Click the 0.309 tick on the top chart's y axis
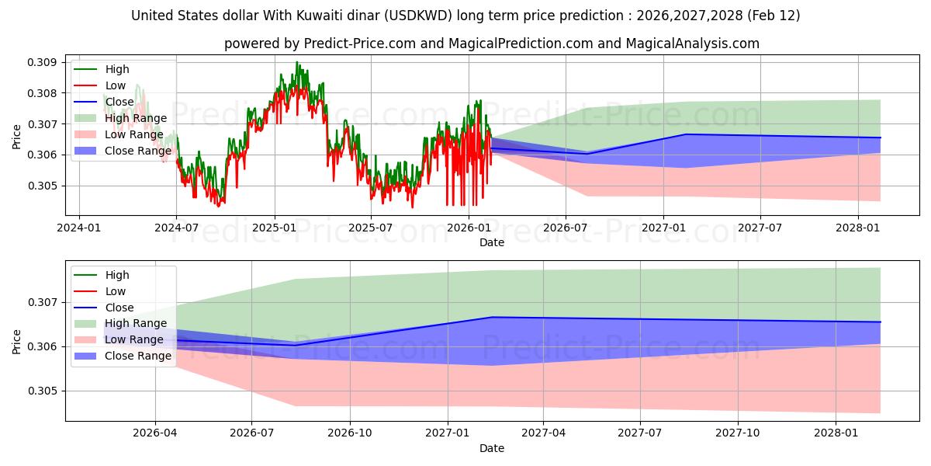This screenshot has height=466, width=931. click(x=43, y=62)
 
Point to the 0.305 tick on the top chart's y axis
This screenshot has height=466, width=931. click(x=43, y=186)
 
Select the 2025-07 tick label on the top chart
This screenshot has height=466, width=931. click(x=370, y=228)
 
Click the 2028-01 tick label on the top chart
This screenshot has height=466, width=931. click(x=857, y=228)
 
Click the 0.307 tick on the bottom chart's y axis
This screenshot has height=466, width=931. click(x=43, y=302)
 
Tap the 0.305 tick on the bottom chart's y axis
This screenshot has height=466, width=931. click(x=43, y=391)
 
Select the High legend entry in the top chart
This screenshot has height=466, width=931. click(x=117, y=70)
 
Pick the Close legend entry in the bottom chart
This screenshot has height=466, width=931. click(x=119, y=308)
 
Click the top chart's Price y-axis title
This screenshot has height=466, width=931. click(x=17, y=137)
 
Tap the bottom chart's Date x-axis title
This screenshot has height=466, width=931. click(x=492, y=448)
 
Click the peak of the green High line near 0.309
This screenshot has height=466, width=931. click(x=296, y=62)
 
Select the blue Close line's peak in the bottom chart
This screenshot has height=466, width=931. click(x=491, y=317)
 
